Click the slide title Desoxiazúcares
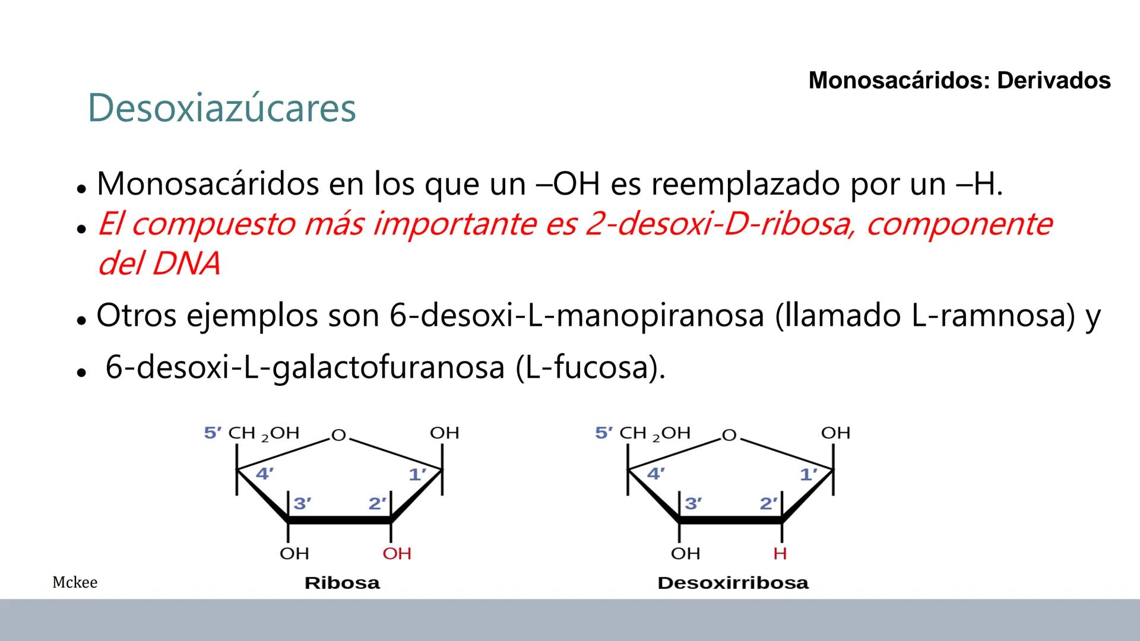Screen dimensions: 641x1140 coord(221,108)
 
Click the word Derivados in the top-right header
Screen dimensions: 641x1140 coord(1053,81)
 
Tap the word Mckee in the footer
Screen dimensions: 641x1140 coord(75,582)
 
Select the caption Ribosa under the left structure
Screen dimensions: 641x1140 coord(342,583)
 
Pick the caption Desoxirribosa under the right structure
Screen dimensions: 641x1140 coord(733,583)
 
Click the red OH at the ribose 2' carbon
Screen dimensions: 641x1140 coord(397,554)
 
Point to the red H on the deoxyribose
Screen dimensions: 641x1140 coord(780,554)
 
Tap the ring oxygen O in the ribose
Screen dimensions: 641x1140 coord(338,436)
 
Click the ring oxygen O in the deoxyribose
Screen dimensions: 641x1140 coord(729,436)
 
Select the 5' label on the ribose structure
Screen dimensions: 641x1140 coord(213,433)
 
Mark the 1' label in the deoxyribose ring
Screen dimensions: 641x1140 coord(809,475)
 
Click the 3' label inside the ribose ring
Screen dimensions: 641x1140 coord(302,503)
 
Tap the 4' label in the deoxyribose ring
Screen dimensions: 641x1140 coord(655,474)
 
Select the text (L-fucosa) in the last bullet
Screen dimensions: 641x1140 coord(591,367)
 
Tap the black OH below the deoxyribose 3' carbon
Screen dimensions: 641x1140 coord(685,554)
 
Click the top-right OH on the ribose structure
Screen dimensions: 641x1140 coord(444,433)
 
